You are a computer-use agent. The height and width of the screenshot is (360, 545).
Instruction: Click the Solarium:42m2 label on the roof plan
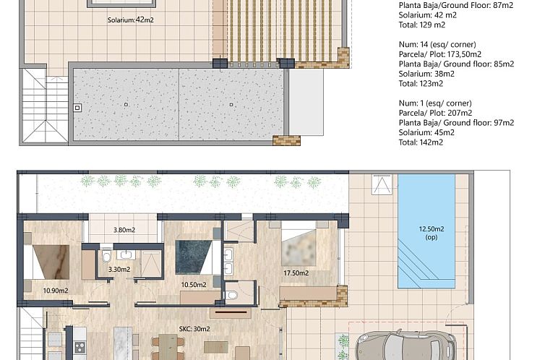[130, 20]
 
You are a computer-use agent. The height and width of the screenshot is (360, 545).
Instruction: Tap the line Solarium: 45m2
[426, 132]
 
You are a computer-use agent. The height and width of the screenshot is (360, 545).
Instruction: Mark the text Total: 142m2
[421, 142]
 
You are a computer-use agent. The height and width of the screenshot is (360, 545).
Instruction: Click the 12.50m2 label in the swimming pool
[431, 230]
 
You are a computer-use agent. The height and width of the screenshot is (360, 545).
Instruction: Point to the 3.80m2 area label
[125, 231]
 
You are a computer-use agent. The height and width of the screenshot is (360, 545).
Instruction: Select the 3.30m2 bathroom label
[119, 270]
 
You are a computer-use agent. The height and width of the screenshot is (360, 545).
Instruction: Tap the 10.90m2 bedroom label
[55, 291]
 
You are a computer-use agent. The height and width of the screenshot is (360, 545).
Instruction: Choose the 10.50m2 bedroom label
[193, 284]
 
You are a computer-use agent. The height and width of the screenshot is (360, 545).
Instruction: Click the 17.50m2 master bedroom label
[296, 273]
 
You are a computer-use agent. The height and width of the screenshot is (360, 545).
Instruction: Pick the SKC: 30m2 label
[194, 329]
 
